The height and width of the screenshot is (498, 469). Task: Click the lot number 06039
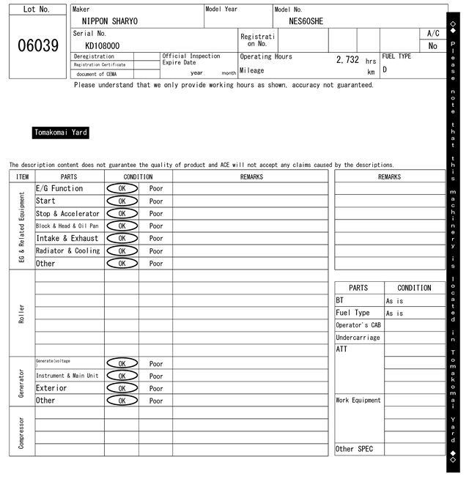tap(37, 46)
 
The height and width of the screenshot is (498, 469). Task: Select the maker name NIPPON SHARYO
tap(109, 21)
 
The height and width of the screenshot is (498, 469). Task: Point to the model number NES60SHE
tap(306, 21)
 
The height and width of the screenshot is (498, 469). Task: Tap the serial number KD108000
tap(102, 45)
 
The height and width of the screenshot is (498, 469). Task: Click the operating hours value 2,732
tap(347, 60)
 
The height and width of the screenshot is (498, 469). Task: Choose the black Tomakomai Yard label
tap(61, 133)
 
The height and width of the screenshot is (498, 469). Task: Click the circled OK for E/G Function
tap(122, 188)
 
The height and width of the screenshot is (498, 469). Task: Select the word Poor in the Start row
tap(156, 201)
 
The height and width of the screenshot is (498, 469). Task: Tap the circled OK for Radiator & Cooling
tap(122, 251)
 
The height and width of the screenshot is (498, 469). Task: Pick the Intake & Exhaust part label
tap(67, 239)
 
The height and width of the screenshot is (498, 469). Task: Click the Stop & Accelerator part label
tap(67, 214)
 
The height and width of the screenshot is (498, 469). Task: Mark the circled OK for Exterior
tap(122, 388)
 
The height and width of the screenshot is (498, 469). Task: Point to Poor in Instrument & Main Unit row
tap(156, 376)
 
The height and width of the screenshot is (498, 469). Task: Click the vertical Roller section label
tap(21, 313)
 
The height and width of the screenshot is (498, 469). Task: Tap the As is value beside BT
tap(394, 301)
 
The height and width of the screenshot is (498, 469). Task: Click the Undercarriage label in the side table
tap(358, 338)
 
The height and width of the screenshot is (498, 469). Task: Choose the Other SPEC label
tap(354, 449)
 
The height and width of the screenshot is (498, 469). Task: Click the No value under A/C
tap(432, 45)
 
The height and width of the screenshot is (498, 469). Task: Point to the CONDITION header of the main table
tap(139, 176)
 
